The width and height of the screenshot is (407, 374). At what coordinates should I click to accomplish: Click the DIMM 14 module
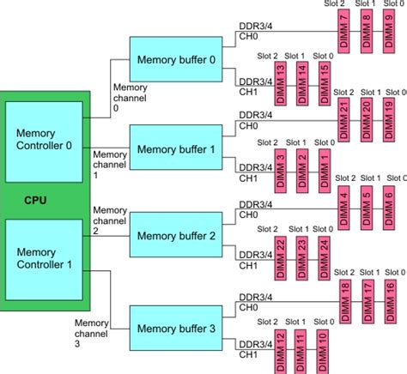coord(301,84)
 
